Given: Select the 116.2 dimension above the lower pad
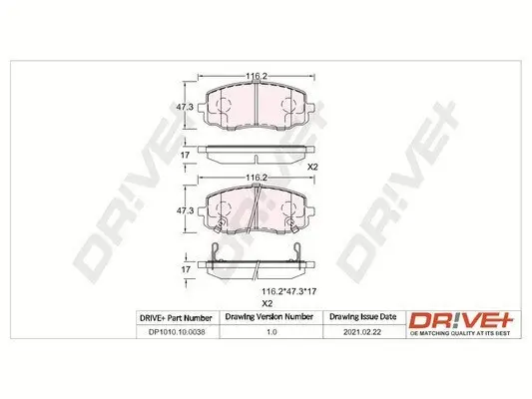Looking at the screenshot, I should pyautogui.click(x=255, y=177).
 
